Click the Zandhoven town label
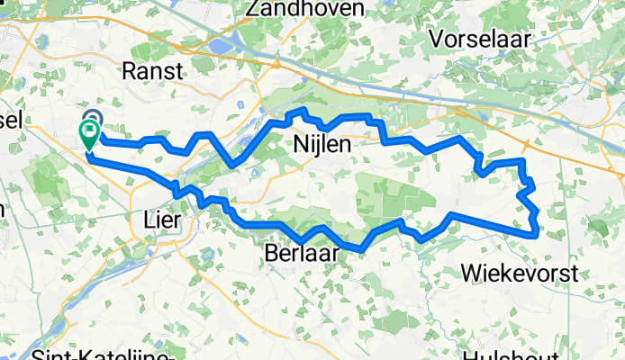pyautogui.click(x=310, y=9)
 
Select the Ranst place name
pyautogui.click(x=150, y=71)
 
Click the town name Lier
pyautogui.click(x=163, y=220)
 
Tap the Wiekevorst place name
pyautogui.click(x=516, y=271)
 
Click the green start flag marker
pyautogui.click(x=90, y=135)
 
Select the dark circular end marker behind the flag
pyautogui.click(x=94, y=118)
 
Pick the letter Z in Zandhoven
pyautogui.click(x=264, y=9)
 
